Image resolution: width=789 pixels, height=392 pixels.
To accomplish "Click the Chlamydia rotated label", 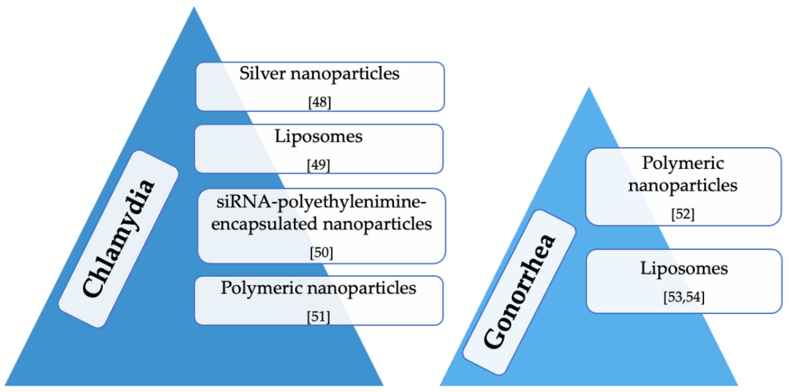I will [119, 239].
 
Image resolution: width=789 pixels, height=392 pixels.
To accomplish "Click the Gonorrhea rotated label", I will [519, 292].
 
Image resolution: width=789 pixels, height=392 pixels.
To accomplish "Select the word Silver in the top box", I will [262, 74].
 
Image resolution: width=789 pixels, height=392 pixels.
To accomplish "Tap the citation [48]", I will [319, 102].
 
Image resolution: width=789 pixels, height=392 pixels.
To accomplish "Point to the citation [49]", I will [319, 165].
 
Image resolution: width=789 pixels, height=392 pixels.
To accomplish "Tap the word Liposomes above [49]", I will [319, 137].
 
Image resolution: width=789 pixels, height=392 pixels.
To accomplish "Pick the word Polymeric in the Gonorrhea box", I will [683, 163].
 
